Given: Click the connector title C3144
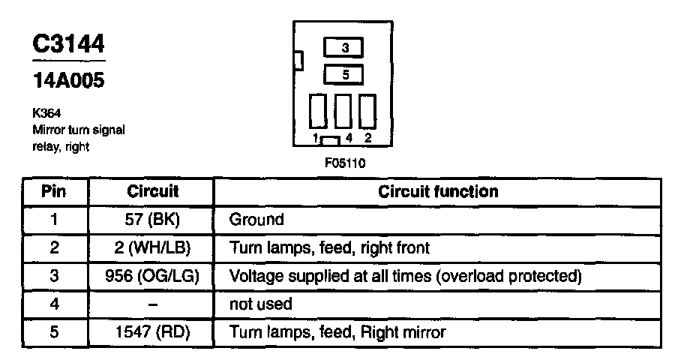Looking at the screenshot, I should tap(68, 44).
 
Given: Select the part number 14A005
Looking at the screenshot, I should tap(67, 79).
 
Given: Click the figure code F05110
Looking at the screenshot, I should tap(345, 161).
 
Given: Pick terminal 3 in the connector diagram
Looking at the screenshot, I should tap(344, 48).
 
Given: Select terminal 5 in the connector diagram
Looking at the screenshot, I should tap(344, 74).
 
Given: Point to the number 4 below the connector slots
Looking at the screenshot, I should tap(350, 138).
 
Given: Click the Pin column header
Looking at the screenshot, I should tap(53, 191).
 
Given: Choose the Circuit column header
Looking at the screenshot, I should tap(152, 191).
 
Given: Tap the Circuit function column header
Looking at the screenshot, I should tap(438, 191).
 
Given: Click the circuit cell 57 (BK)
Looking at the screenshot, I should tap(152, 220).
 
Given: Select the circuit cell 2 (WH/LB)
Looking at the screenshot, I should tap(152, 247).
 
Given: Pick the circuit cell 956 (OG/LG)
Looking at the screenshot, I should tap(152, 275).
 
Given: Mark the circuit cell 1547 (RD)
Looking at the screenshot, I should tap(152, 331).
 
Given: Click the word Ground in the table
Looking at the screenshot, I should tap(256, 220).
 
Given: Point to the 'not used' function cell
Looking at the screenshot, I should tap(260, 304).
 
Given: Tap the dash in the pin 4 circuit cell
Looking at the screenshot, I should tap(152, 303).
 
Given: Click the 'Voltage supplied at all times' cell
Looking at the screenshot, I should tap(406, 275).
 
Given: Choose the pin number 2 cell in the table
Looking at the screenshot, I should tap(53, 247).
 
